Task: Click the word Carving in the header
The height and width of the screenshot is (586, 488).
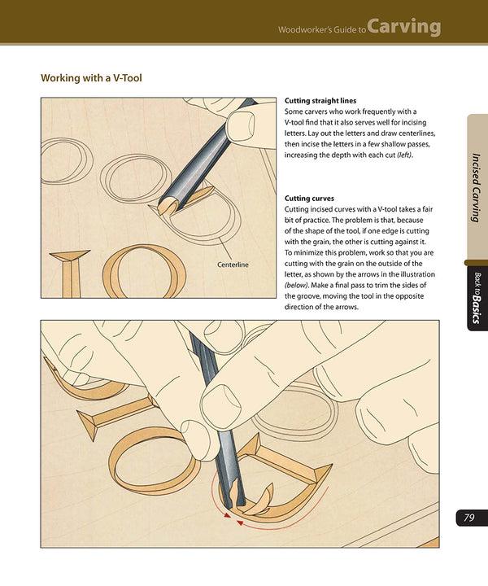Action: click(403, 27)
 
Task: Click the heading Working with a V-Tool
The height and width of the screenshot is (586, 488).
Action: click(98, 79)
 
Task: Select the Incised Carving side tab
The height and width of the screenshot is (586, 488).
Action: click(477, 186)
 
